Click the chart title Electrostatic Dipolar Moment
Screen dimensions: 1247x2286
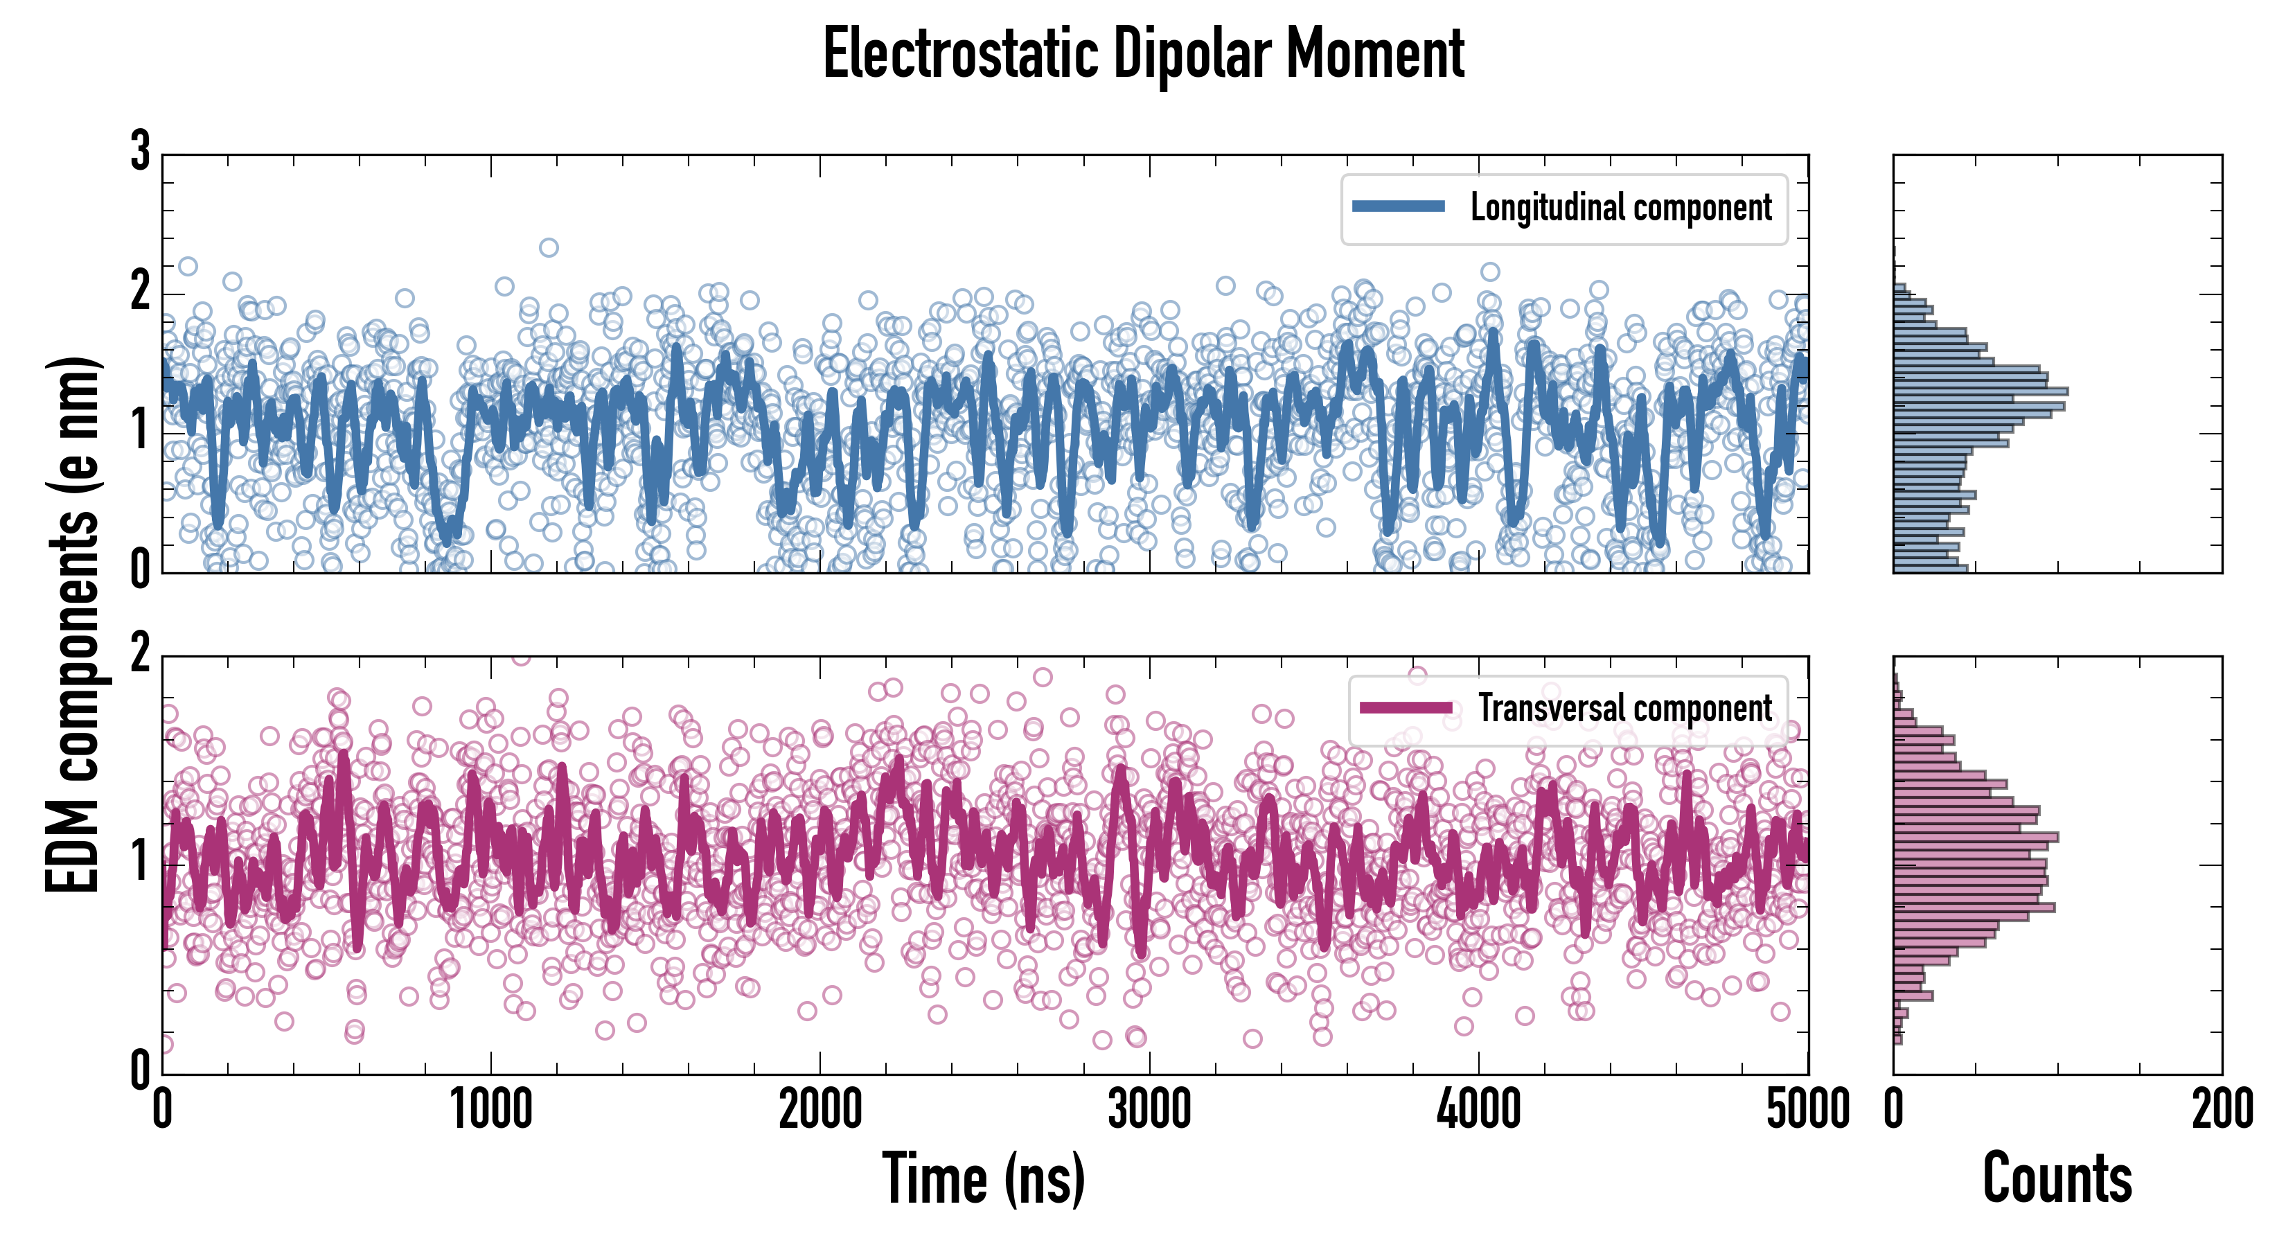(x=1143, y=55)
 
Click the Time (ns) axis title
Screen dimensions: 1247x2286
(x=983, y=1178)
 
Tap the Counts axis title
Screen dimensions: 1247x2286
(x=2057, y=1178)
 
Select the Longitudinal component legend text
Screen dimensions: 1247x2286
(x=1620, y=208)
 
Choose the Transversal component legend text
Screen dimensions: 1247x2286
(x=1625, y=708)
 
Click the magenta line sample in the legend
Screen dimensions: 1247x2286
(x=1406, y=708)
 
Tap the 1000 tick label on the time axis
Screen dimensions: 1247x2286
(x=490, y=1109)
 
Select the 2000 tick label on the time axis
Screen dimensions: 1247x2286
(x=820, y=1109)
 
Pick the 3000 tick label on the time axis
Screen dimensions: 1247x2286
(x=1149, y=1109)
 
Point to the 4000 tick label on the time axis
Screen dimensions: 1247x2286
(x=1478, y=1109)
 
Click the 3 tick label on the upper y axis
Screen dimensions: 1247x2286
(x=140, y=152)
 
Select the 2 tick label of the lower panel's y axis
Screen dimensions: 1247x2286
(x=140, y=655)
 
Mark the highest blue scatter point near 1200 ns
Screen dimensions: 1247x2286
(x=549, y=247)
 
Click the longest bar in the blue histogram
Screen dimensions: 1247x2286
(x=1980, y=391)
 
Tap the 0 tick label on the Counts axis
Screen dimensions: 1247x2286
(x=1894, y=1109)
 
